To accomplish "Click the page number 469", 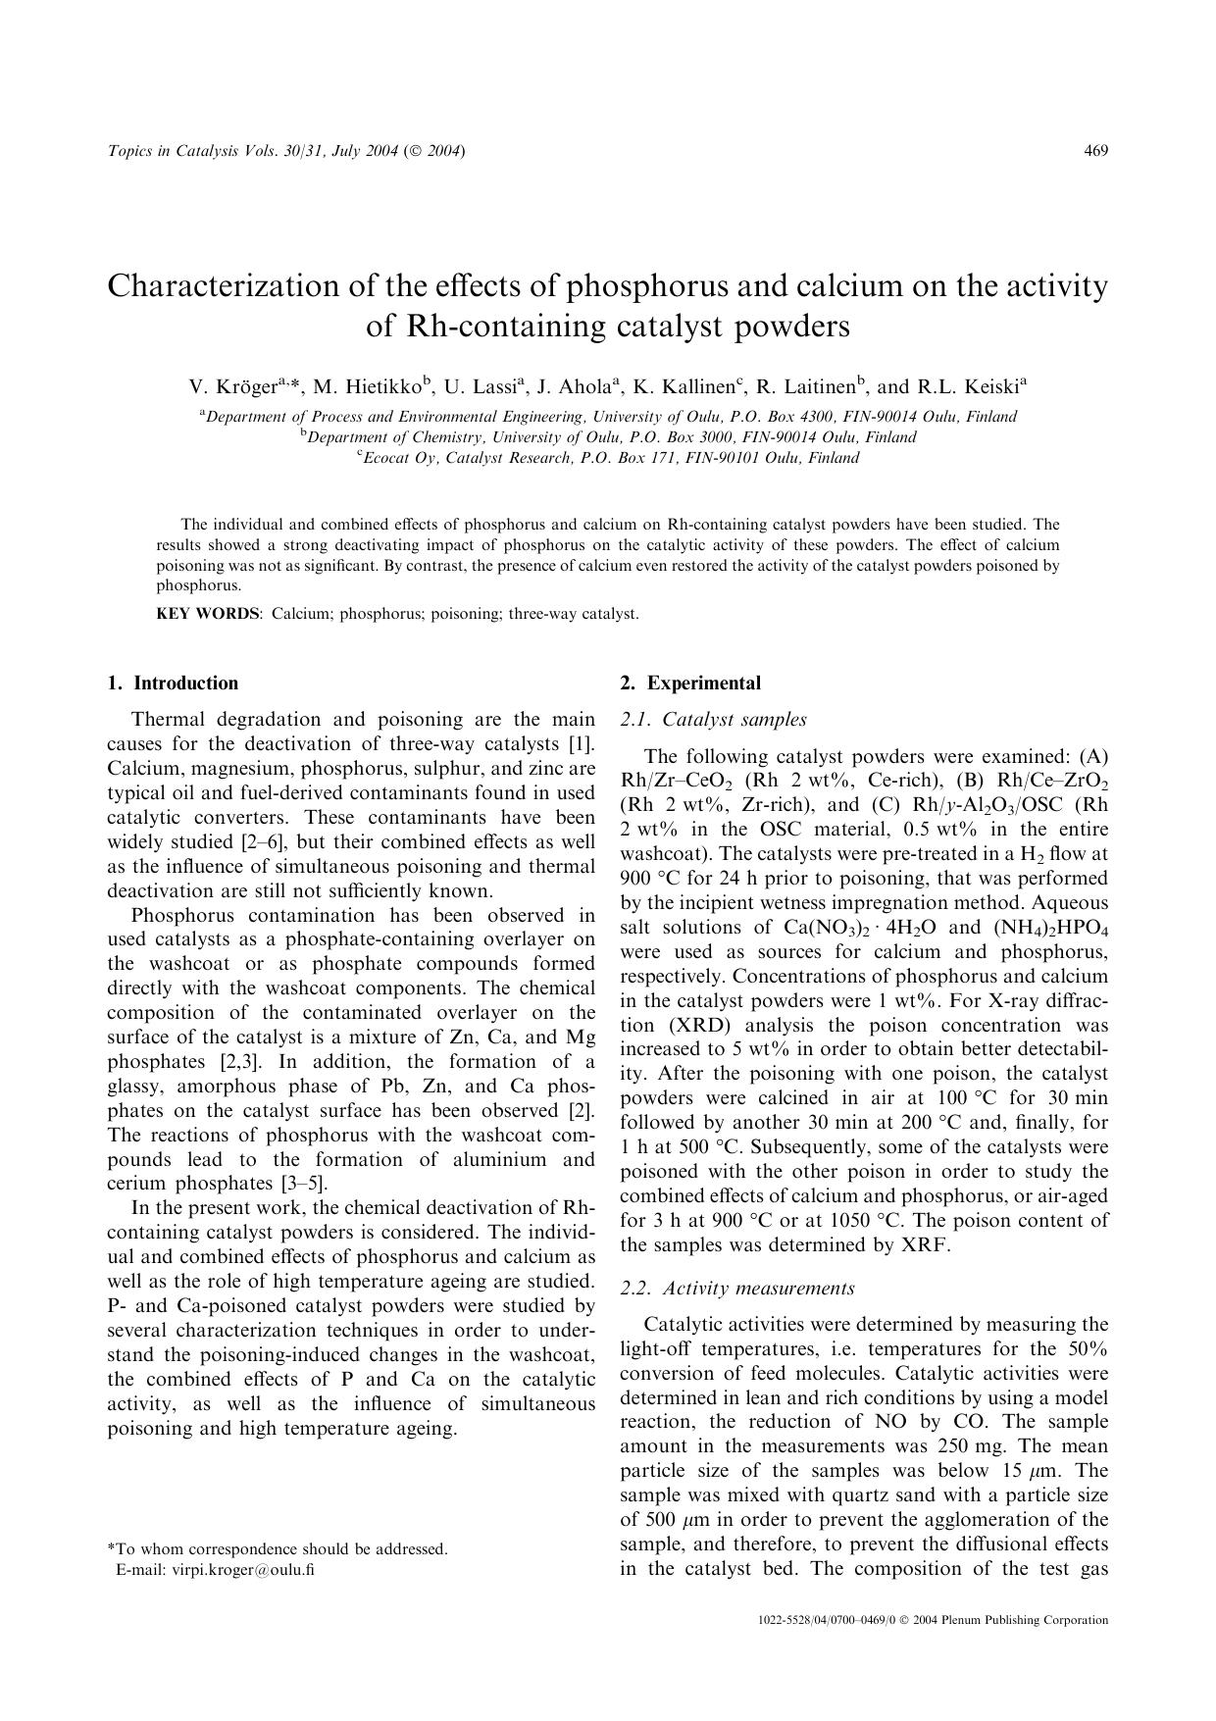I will click(1095, 150).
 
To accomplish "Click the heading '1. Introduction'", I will click(173, 683).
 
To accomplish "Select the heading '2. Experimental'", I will click(689, 683).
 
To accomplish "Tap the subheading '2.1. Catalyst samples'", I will click(713, 720).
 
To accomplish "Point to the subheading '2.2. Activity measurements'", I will click(737, 1289).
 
